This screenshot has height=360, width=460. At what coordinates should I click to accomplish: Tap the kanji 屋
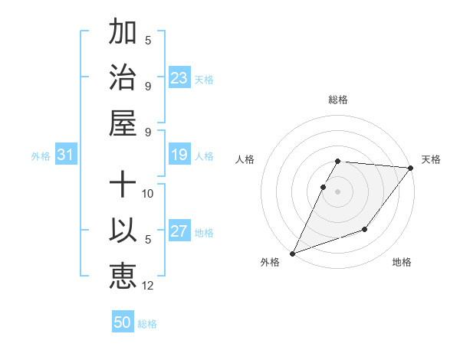[x=123, y=122]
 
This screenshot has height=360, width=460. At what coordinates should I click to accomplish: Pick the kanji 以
[x=123, y=231]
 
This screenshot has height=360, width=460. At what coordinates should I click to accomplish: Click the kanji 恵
[x=123, y=275]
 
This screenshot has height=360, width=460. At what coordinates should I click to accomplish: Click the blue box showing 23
[x=179, y=77]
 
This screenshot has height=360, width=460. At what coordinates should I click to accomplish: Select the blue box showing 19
[x=179, y=155]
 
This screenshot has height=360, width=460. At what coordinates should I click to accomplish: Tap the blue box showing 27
[x=179, y=231]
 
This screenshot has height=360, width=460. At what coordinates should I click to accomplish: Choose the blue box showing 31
[x=66, y=155]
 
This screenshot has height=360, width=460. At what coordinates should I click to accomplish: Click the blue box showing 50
[x=123, y=322]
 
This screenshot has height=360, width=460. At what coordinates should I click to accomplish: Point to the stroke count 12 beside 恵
[x=148, y=286]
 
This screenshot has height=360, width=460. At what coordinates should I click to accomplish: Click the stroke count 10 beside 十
[x=148, y=193]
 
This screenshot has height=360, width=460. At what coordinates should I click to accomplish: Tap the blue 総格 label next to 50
[x=147, y=323]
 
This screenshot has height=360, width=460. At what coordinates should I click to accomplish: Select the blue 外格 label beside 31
[x=41, y=155]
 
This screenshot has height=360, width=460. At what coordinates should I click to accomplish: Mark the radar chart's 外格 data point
[x=292, y=253]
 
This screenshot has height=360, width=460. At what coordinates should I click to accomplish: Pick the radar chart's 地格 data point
[x=365, y=229]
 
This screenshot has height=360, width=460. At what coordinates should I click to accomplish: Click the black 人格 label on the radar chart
[x=246, y=159]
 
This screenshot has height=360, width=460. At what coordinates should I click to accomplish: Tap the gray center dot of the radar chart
[x=337, y=191]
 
